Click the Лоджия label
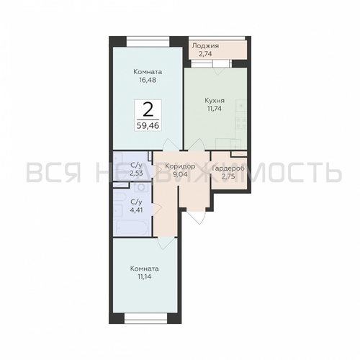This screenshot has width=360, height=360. [x=205, y=46]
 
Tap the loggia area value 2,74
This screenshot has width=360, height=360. [x=205, y=54]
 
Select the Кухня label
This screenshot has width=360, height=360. [x=215, y=101]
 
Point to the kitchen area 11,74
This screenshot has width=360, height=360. [x=215, y=109]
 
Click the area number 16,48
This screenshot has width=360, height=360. [x=148, y=80]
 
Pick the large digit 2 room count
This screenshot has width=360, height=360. [x=148, y=109]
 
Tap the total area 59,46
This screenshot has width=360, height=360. [x=148, y=125]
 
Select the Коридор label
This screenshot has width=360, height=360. [x=180, y=166]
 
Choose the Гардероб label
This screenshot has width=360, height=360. [x=228, y=168]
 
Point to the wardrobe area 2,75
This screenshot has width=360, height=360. [x=228, y=176]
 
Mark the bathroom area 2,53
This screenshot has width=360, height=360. [x=136, y=173]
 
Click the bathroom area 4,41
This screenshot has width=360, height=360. [x=136, y=210]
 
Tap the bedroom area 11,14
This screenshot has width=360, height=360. [x=145, y=276]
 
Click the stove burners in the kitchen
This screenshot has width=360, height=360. [x=241, y=122]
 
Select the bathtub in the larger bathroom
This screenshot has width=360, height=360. [x=132, y=228]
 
